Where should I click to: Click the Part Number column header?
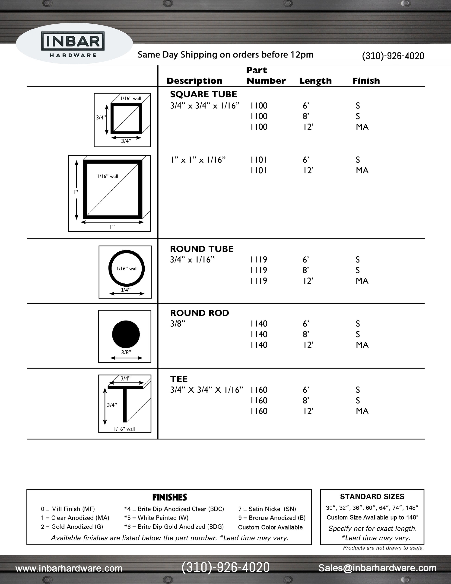pyautogui.click(x=266, y=75)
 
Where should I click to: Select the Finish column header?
pyautogui.click(x=366, y=81)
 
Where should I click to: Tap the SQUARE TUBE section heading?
pyautogui.click(x=203, y=94)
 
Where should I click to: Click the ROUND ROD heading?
pyautogui.click(x=199, y=313)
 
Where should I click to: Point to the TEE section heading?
pyautogui.click(x=179, y=379)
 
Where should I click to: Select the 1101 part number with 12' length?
pyautogui.click(x=258, y=170)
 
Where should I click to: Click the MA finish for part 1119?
pyautogui.click(x=362, y=281)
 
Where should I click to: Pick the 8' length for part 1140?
pyautogui.click(x=306, y=334)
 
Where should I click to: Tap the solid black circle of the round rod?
pyautogui.click(x=126, y=334)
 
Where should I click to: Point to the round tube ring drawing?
pyautogui.click(x=127, y=268)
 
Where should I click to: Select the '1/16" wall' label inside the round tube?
pyautogui.click(x=127, y=269)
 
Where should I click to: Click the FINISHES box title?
pyautogui.click(x=169, y=497)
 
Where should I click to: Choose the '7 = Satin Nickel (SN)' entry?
pyautogui.click(x=267, y=509)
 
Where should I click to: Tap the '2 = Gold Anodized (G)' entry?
pyautogui.click(x=72, y=526)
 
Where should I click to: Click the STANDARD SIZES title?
pyautogui.click(x=372, y=497)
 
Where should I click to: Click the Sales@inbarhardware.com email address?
pyautogui.click(x=377, y=568)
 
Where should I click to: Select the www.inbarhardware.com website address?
pyautogui.click(x=69, y=568)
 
